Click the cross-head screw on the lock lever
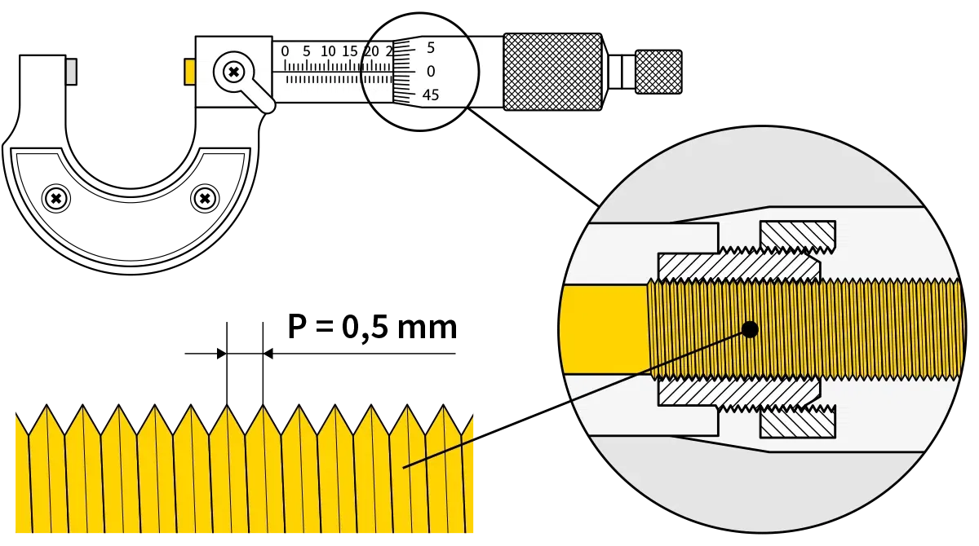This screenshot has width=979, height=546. point(234,73)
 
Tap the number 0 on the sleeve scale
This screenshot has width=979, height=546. point(285,51)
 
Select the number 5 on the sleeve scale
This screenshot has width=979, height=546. point(307,51)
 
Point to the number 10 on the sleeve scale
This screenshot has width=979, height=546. point(328,51)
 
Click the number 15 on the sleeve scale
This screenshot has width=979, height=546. point(350,51)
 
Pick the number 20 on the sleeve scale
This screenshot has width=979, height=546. point(371,51)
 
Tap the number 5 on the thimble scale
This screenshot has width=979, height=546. point(431,47)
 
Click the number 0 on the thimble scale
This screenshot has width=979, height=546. point(431,72)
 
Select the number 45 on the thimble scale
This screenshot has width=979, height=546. point(430,95)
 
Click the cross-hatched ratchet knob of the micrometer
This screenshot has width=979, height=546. point(552,72)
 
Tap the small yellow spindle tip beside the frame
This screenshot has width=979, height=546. point(189,72)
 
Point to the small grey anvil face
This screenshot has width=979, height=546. point(72,72)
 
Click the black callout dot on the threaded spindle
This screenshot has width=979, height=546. point(750,329)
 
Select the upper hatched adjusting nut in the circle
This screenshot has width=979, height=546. point(797,236)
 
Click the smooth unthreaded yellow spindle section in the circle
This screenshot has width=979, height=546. point(604,329)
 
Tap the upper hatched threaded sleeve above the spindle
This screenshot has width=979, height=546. point(734,266)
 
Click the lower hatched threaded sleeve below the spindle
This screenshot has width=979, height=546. point(734,394)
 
